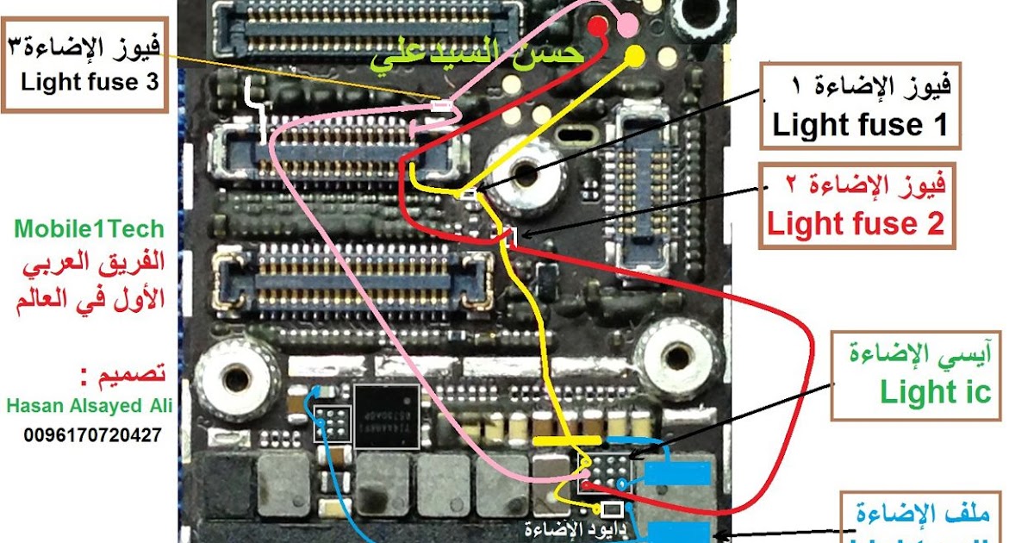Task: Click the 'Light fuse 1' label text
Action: coord(859,126)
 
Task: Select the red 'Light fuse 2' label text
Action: coord(856,224)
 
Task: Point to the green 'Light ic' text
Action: coord(935,393)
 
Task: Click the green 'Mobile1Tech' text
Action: coord(89,229)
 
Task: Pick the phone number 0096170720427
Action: coord(93,435)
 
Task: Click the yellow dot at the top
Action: coord(634,56)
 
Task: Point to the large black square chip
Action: coord(387,416)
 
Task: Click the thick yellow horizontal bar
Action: coord(565,441)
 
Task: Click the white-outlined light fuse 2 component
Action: coord(508,235)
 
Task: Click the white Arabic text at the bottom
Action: coord(561,527)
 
